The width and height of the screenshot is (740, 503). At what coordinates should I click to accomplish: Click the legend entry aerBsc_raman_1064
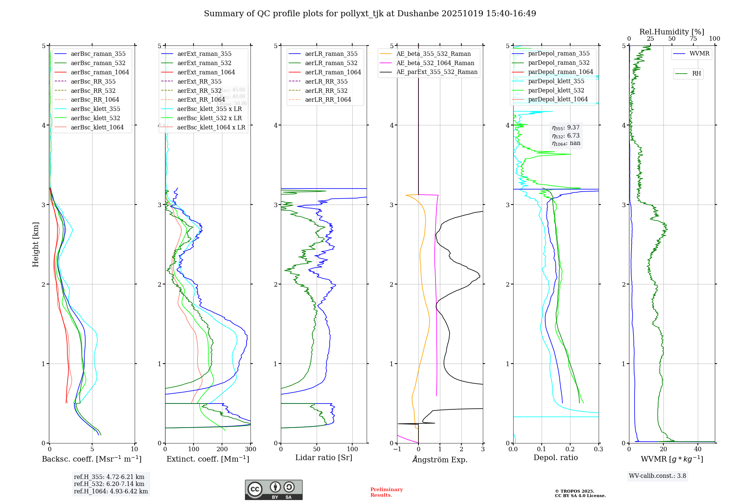100,72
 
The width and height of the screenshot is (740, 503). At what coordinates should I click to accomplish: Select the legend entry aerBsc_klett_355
95,109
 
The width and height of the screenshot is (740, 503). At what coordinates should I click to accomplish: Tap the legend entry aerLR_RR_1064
328,99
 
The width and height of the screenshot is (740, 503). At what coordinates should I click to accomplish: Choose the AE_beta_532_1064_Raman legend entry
435,63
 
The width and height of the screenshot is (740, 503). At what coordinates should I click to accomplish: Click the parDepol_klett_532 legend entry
556,90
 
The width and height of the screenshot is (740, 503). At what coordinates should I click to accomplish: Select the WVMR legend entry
699,54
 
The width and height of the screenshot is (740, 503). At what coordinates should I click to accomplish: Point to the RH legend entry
696,74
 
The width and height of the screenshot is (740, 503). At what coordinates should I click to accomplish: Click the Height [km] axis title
36,244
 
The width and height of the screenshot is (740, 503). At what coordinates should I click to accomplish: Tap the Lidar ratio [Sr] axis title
324,458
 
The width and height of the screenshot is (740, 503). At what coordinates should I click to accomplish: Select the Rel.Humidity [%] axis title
672,32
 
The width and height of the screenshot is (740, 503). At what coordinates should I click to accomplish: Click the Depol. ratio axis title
555,458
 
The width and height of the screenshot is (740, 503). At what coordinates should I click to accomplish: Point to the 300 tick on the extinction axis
250,449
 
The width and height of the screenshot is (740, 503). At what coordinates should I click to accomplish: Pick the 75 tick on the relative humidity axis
693,39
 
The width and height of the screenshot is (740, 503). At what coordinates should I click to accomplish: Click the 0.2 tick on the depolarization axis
570,449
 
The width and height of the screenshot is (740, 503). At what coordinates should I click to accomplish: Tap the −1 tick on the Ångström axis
397,449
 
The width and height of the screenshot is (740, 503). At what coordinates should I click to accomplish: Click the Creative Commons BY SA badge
273,490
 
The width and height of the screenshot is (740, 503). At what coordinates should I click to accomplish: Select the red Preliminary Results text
386,492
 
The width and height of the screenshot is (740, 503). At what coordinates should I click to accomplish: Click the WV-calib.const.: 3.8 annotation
657,476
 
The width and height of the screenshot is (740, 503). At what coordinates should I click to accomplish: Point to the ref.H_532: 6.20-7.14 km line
109,484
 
